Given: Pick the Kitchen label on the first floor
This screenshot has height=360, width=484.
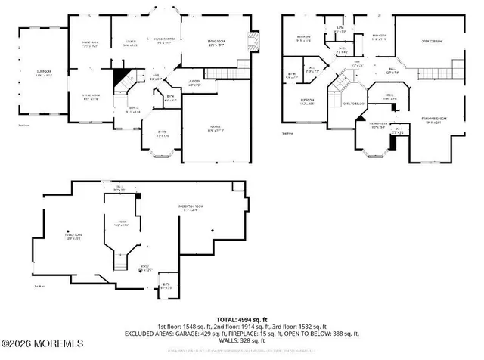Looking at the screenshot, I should (x=130, y=44).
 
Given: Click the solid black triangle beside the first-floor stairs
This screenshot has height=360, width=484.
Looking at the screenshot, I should (x=120, y=76).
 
